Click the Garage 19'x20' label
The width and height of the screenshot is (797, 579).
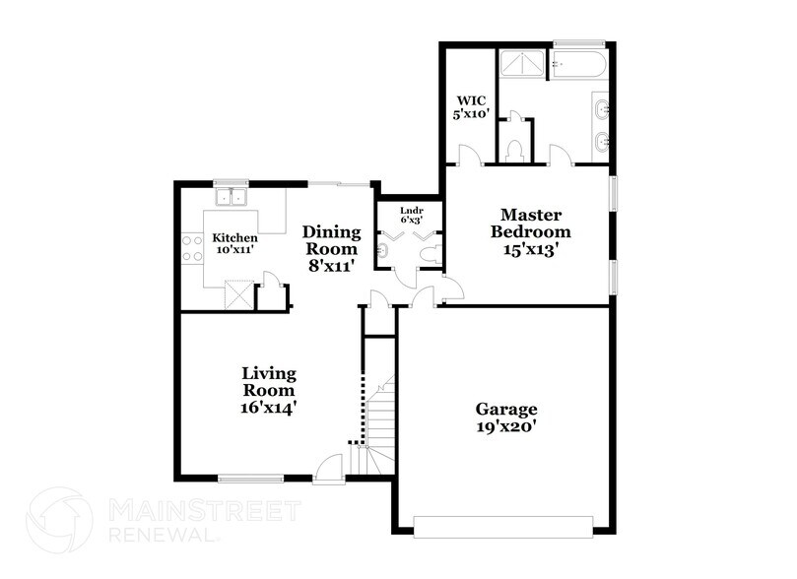coord(506,418)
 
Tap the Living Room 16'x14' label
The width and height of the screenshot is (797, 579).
coord(269,389)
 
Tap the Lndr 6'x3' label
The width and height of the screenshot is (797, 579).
coord(411,216)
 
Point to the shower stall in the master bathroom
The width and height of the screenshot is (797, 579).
coord(522,65)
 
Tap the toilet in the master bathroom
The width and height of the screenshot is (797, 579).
coord(513,149)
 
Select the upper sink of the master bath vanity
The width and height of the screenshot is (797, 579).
coord(601,109)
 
